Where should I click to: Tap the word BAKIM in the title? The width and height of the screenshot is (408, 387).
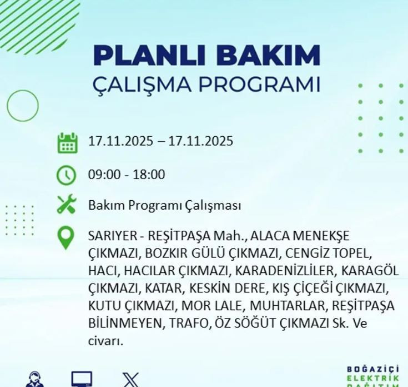click(x=265, y=56)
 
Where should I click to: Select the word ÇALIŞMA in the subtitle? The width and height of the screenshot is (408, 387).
click(x=142, y=84)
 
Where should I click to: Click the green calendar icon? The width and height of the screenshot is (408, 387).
click(x=67, y=142)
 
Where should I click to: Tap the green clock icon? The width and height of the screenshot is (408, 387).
click(x=66, y=175)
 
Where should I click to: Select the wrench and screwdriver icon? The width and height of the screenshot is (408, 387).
click(x=66, y=205)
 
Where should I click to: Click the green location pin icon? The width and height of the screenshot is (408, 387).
click(x=66, y=237)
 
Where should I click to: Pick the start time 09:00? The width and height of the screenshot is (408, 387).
click(x=103, y=175)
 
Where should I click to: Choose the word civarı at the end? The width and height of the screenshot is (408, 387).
click(x=105, y=341)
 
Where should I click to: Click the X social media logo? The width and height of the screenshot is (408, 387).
click(x=130, y=380)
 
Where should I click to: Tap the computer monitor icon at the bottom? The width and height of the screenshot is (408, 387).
click(x=82, y=379)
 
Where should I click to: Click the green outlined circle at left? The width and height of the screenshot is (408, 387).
click(x=23, y=105)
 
